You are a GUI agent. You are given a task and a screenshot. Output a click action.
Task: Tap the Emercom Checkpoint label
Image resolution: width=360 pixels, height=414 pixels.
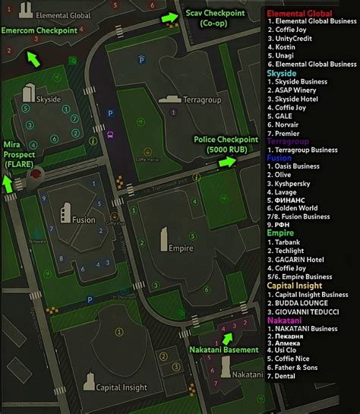click(x=39, y=30)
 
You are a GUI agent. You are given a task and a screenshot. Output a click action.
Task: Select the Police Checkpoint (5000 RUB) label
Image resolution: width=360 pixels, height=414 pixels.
click(x=227, y=144)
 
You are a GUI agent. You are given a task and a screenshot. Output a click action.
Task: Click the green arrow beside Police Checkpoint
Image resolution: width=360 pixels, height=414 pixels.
click(x=227, y=163)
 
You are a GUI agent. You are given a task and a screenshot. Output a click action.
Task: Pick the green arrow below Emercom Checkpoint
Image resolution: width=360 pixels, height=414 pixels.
click(x=34, y=59)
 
